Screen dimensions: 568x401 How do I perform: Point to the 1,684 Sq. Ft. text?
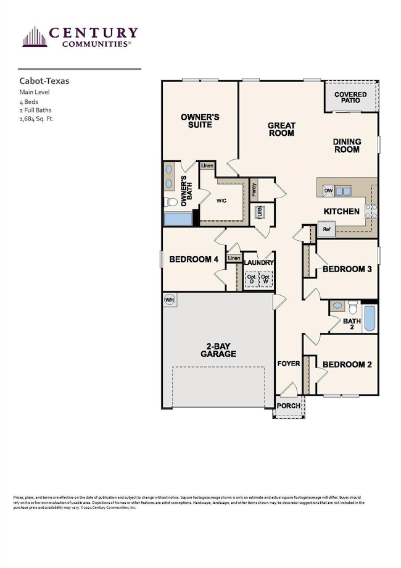[37, 119]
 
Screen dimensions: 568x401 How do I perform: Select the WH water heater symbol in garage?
[169, 299]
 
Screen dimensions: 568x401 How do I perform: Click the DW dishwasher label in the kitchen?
[329, 191]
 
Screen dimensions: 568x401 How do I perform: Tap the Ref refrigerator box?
[327, 229]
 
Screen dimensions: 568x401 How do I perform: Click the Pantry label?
[254, 190]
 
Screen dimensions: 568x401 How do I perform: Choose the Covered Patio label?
[350, 98]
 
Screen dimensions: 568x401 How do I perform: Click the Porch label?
[288, 406]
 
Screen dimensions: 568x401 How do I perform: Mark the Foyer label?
[288, 364]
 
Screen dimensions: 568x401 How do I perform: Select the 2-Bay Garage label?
[218, 350]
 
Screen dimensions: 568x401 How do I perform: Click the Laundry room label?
[258, 262]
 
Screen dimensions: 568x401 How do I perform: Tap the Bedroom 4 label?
[194, 259]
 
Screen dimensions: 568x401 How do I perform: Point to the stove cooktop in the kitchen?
[371, 211]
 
